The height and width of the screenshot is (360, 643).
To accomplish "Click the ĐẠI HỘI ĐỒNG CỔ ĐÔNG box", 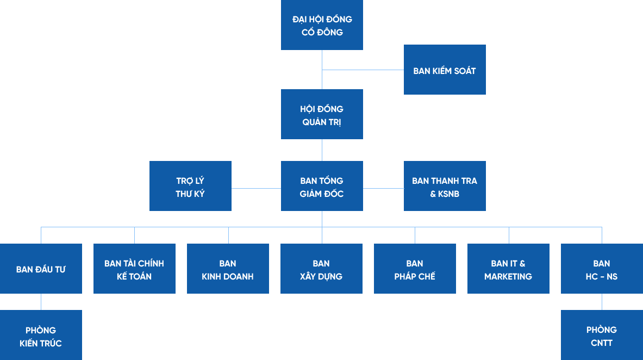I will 322,25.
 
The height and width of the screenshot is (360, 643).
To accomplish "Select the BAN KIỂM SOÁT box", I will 445,70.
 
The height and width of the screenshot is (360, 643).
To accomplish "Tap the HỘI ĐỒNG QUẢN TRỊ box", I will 322,114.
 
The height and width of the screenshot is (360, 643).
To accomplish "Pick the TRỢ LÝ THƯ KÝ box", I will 190,186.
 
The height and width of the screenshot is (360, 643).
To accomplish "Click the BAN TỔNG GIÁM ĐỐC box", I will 322,186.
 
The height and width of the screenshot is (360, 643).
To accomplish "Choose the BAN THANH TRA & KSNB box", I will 445,186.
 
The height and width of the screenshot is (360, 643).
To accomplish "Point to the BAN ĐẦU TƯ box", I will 41,269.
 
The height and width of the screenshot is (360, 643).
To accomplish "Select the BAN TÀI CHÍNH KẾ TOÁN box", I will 134,269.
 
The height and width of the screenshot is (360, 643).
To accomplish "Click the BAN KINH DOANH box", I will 228,269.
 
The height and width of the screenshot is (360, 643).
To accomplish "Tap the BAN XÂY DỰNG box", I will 321,269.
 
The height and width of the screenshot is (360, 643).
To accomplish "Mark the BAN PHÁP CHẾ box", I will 415,269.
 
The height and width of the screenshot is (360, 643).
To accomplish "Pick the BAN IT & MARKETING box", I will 508,269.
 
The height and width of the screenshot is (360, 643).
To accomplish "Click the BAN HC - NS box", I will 602,269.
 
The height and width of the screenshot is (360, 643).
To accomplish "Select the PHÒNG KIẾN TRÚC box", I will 41,336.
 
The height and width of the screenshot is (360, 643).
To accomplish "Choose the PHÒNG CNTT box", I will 602,336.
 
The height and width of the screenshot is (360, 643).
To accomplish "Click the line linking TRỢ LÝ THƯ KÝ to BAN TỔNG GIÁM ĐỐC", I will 256,188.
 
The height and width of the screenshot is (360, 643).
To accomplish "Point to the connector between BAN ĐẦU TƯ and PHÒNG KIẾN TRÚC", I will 41,302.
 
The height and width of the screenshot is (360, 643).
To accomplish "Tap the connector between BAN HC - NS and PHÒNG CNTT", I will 602,302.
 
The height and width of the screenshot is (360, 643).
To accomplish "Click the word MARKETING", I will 508,276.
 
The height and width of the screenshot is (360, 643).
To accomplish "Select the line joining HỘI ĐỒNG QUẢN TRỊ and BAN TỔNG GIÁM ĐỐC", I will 322,150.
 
